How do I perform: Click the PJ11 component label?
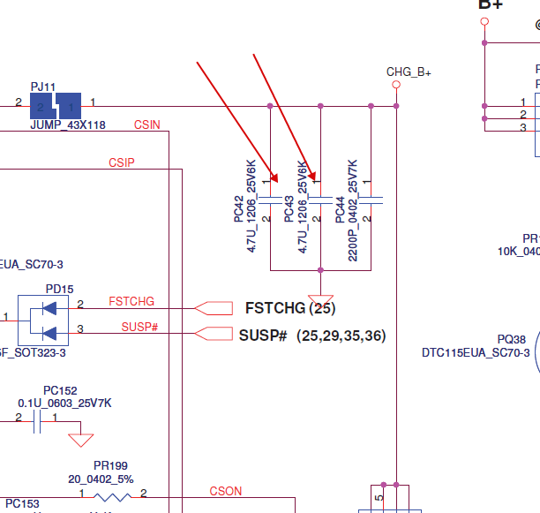click(x=43, y=86)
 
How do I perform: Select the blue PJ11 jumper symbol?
click(x=55, y=106)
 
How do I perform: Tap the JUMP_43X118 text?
click(x=67, y=125)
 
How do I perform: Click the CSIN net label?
click(x=147, y=124)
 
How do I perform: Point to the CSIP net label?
click(x=122, y=162)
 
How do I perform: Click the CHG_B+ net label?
click(x=409, y=72)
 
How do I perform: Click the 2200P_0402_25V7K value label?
click(x=352, y=209)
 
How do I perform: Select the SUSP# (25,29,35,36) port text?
click(x=312, y=336)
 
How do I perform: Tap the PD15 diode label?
click(x=60, y=289)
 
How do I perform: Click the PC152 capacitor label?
click(x=60, y=390)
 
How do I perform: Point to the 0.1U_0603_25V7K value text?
click(x=64, y=404)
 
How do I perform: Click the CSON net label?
click(x=225, y=491)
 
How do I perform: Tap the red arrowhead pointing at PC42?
click(x=274, y=177)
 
